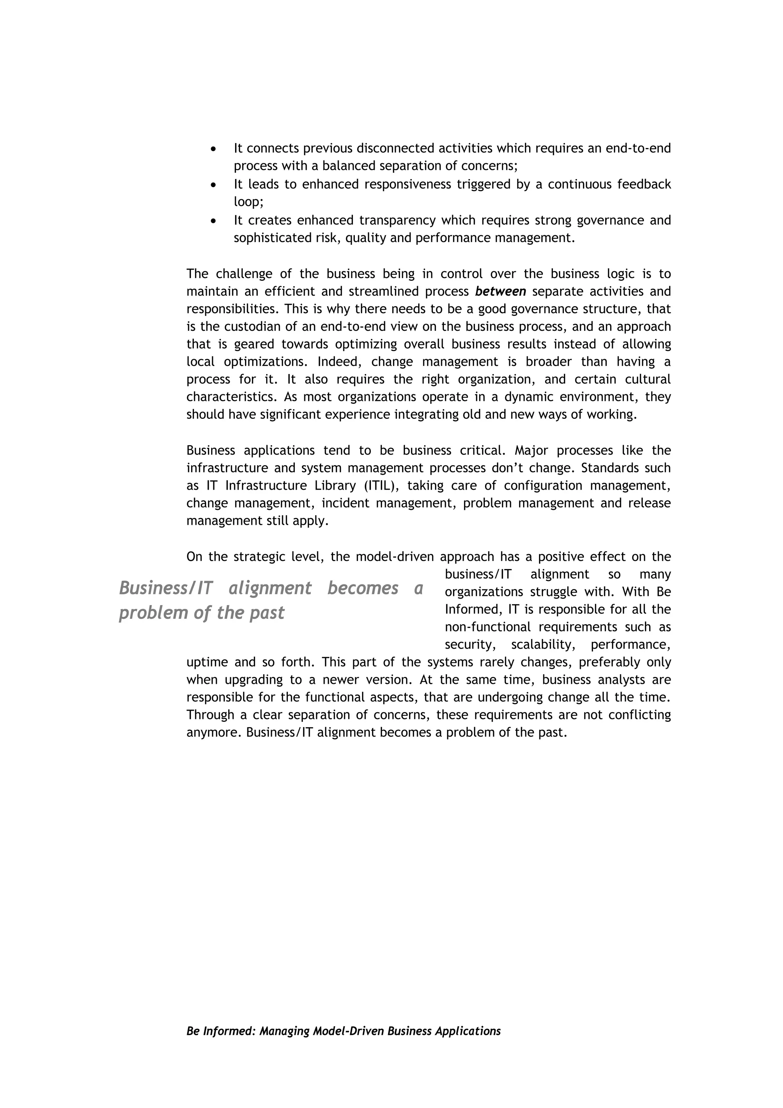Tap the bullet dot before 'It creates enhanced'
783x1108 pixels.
coord(214,221)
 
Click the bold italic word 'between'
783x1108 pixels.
coord(500,291)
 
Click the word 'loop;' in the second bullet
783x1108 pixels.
coord(249,202)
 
